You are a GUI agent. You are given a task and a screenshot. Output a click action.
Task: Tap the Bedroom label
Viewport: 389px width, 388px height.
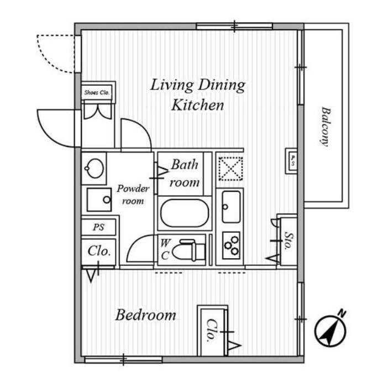point(146,315)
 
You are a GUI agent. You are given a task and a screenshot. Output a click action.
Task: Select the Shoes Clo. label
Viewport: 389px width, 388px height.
point(97,92)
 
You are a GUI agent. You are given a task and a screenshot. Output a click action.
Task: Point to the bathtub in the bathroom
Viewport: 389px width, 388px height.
point(185,213)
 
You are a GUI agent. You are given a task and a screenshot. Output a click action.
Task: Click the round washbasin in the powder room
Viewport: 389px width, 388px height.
point(94,168)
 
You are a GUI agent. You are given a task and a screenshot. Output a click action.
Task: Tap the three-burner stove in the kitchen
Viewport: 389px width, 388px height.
point(231,245)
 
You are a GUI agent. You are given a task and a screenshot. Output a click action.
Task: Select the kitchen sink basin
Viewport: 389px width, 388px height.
point(231,207)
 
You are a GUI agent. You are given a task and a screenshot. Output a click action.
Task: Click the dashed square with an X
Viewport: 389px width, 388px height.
point(231,169)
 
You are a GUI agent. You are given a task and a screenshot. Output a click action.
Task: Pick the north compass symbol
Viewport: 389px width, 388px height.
point(330,331)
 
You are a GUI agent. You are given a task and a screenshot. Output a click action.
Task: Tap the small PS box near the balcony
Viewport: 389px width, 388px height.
point(291,161)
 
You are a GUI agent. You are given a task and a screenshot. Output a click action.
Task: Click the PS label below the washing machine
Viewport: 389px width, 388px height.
point(98,227)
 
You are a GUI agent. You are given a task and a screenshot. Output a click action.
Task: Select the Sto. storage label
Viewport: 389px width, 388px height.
point(288,240)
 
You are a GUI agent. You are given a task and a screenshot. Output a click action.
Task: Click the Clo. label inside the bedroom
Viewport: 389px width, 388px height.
point(212,331)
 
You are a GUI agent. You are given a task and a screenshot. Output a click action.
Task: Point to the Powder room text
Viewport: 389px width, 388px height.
point(133,195)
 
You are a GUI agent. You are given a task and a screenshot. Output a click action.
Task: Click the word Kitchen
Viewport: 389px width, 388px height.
point(198,105)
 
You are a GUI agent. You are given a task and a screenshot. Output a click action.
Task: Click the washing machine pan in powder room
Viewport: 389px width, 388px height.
point(99,200)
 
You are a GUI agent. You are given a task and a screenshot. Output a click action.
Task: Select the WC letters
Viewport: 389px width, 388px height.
point(165,249)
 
